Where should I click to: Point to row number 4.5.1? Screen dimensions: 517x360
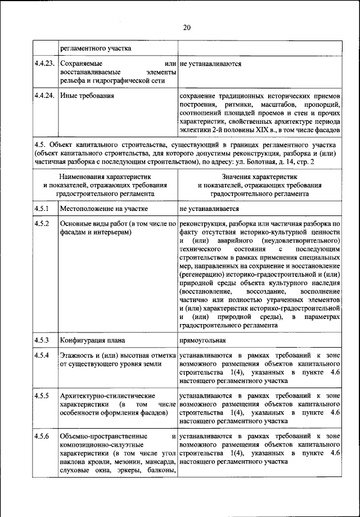click(x=42, y=208)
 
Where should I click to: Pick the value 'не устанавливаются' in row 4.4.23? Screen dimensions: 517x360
click(x=210, y=64)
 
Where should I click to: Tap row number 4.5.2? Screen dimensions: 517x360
click(x=42, y=224)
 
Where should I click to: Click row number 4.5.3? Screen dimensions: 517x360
click(x=42, y=340)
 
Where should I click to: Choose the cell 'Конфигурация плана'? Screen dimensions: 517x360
click(x=92, y=340)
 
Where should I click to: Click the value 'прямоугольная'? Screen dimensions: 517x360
click(x=202, y=340)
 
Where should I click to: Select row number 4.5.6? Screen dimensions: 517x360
click(x=42, y=436)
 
